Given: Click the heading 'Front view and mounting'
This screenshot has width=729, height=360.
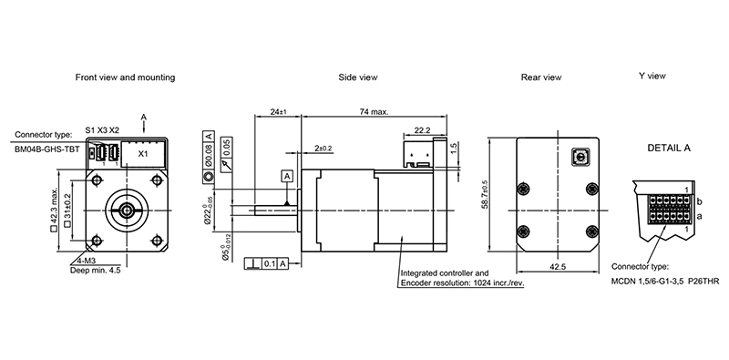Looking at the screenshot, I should coord(125,77).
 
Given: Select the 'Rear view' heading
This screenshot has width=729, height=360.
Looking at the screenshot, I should coord(541,77).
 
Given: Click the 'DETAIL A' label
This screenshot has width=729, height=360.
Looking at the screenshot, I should coord(668,148).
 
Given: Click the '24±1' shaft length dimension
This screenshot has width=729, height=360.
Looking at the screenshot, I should coord(279,112).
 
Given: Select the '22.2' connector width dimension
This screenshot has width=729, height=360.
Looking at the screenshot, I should coord(422,130).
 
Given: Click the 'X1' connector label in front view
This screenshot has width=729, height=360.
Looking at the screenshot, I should coord(143,154).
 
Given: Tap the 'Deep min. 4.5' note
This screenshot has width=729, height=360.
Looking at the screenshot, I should coord(97,270).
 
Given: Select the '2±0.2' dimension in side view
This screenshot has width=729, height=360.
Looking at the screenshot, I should coord(323,148).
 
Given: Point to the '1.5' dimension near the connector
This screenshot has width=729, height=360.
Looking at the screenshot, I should coord(454,147).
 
